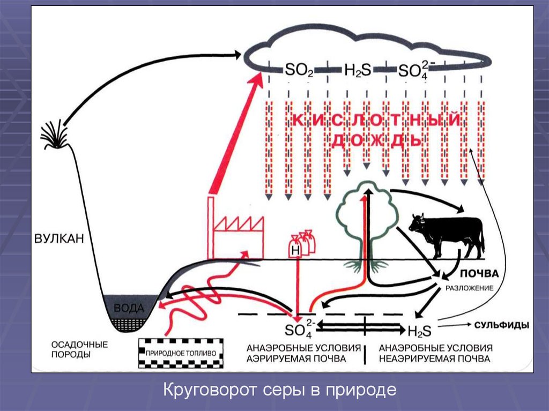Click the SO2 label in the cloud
point(295,70)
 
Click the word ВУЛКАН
point(60,238)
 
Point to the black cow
point(447,233)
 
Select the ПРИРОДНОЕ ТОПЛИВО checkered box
point(180,353)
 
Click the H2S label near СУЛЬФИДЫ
point(419,328)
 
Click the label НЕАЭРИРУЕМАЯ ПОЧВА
point(435,358)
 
